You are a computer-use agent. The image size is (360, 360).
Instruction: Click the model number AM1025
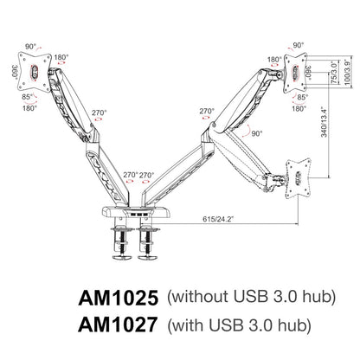coord(118,297)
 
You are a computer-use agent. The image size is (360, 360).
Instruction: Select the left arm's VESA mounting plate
coord(32,74)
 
